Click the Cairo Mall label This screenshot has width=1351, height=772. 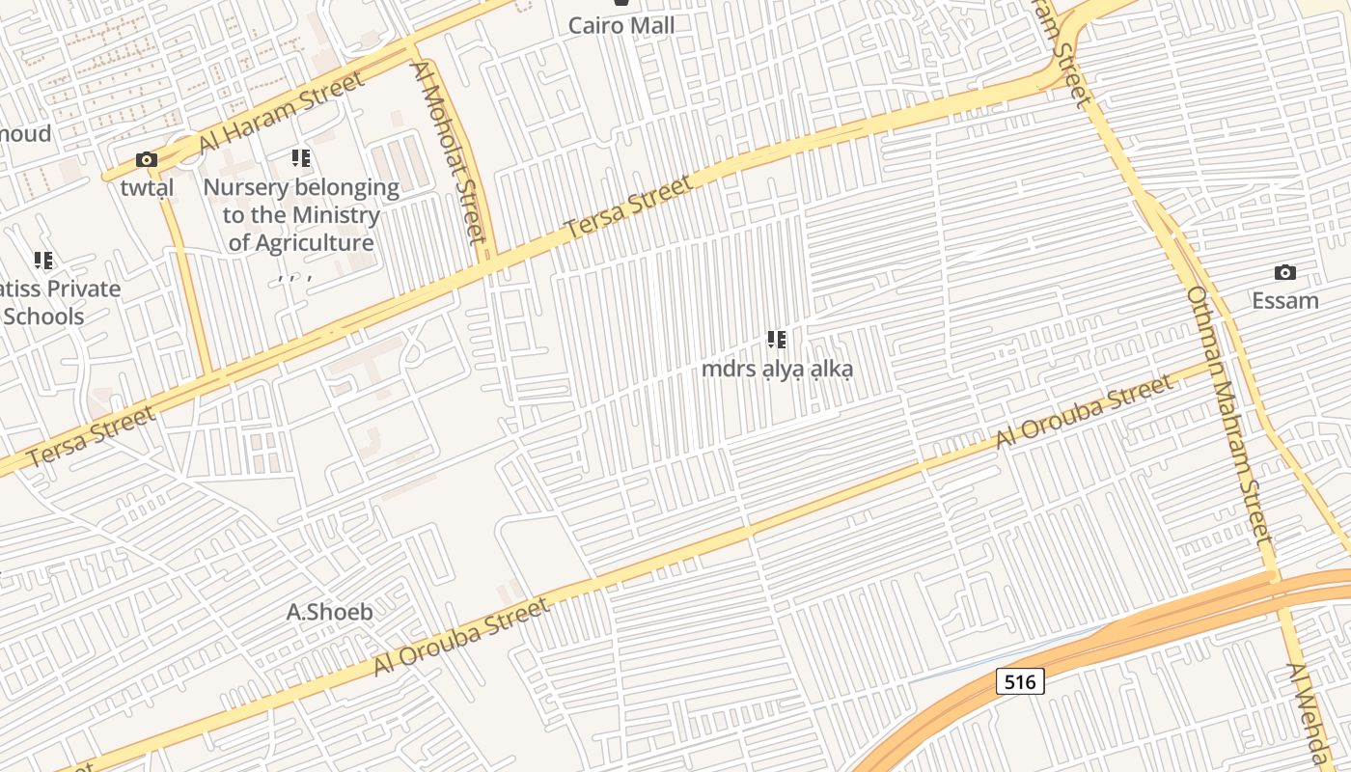(x=621, y=25)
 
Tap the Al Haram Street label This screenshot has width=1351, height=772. (x=282, y=111)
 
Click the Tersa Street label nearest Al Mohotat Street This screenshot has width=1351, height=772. (x=628, y=207)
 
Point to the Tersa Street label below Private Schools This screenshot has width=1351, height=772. (x=91, y=437)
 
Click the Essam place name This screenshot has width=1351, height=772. (x=1284, y=300)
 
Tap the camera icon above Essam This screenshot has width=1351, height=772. (x=1284, y=273)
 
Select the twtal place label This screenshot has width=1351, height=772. (x=148, y=187)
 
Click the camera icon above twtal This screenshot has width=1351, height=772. (x=147, y=160)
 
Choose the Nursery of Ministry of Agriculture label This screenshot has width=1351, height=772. (x=301, y=215)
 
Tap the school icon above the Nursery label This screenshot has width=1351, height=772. (x=301, y=157)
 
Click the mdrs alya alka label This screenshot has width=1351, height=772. (x=777, y=369)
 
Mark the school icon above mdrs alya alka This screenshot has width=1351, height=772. (x=777, y=340)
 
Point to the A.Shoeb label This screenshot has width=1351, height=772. (x=330, y=612)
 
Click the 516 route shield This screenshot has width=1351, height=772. (x=1019, y=682)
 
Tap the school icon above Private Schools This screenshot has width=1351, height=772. (x=43, y=261)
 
